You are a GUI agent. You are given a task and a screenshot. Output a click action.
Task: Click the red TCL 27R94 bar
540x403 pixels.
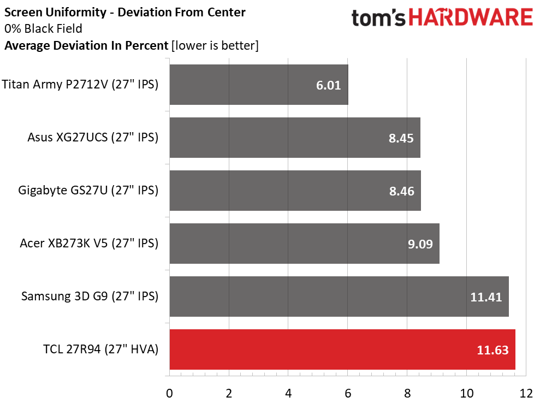tap(342, 349)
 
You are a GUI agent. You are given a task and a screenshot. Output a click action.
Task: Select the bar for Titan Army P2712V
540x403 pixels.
tap(259, 85)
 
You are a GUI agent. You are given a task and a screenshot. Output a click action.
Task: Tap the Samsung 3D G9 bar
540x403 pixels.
tap(339, 297)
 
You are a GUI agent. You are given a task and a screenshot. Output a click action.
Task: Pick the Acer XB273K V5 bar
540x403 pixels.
tap(305, 244)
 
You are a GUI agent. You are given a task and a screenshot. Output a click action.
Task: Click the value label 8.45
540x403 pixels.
tap(401, 138)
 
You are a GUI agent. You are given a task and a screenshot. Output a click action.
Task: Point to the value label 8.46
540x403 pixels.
tap(401, 191)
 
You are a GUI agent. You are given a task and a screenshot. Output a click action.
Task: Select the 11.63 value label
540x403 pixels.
tap(492, 350)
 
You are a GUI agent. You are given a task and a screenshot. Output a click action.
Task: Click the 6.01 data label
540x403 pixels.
tap(328, 85)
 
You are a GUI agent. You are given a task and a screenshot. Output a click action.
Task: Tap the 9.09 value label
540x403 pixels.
tap(420, 244)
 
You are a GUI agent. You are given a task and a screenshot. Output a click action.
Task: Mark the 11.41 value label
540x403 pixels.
tap(486, 297)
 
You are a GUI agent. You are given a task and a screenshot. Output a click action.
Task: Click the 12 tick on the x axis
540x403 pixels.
tap(526, 393)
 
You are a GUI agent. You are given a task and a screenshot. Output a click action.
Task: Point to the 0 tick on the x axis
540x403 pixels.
tap(169, 393)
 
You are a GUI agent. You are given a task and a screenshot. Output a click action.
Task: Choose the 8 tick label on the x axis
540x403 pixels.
tap(407, 393)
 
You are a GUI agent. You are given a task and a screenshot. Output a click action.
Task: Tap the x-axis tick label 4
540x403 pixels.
tap(288, 393)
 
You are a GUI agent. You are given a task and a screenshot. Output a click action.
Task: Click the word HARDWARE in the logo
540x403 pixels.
tap(471, 17)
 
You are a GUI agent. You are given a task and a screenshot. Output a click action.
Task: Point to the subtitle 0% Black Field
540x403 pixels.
tap(43, 28)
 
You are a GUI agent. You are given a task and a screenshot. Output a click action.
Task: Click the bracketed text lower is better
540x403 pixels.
tap(215, 45)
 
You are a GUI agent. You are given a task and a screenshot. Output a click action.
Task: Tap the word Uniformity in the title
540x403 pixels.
tap(76, 13)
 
